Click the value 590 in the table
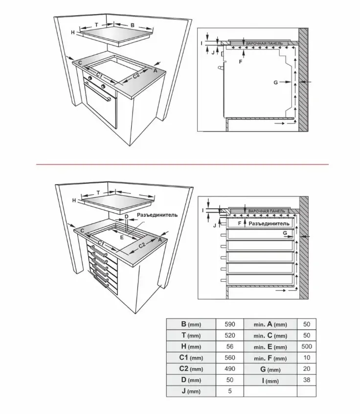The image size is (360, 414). click(230, 324)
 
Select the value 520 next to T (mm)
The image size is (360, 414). click(230, 335)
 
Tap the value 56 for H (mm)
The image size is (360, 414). click(230, 346)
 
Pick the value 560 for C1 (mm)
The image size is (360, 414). click(230, 357)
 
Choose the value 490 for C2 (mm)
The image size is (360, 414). click(230, 368)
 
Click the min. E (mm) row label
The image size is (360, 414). click(270, 346)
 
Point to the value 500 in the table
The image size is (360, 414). click(307, 346)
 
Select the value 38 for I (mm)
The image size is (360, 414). click(307, 380)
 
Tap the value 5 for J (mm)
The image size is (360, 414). click(230, 391)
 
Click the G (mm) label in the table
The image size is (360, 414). click(270, 368)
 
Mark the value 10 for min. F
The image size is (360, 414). click(307, 357)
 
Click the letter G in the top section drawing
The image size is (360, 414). click(276, 83)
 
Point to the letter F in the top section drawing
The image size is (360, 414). click(240, 62)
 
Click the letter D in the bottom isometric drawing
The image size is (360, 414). click(126, 216)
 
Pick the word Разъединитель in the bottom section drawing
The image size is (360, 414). click(269, 223)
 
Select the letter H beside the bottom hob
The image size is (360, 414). click(74, 201)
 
